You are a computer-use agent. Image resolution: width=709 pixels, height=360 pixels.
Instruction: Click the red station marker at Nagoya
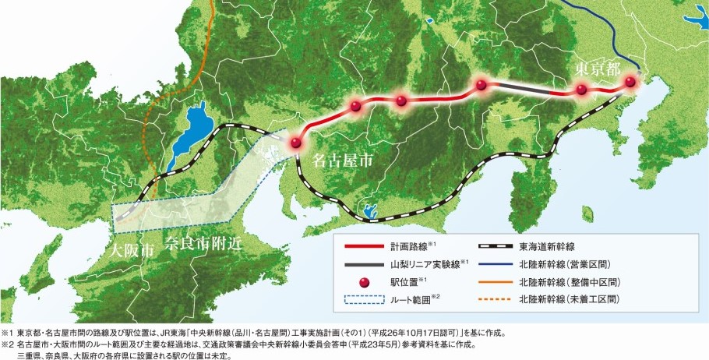click(295, 143)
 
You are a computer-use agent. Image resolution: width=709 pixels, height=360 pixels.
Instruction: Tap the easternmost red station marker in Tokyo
click(630, 82)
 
